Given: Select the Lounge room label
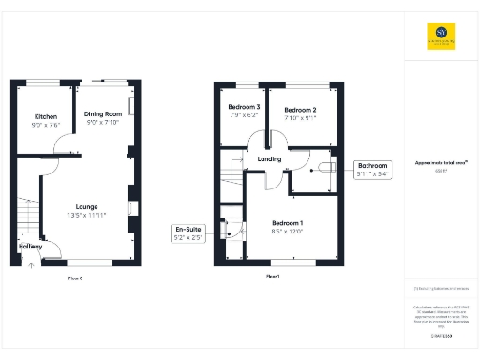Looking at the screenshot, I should click(x=87, y=206).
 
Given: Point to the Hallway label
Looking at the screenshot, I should click(x=30, y=247).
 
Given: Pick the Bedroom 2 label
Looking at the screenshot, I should click(x=301, y=110).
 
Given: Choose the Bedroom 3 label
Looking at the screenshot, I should click(x=244, y=107).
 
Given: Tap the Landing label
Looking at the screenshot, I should click(x=270, y=159).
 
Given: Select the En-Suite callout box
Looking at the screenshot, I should click(x=189, y=232).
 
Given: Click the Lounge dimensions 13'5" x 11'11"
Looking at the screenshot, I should click(x=87, y=215).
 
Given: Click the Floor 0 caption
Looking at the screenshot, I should click(x=75, y=278).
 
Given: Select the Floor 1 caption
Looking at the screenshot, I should click(x=273, y=277).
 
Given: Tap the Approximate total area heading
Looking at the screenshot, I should click(x=440, y=163).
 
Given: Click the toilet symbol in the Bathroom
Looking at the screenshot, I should click(x=324, y=168).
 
